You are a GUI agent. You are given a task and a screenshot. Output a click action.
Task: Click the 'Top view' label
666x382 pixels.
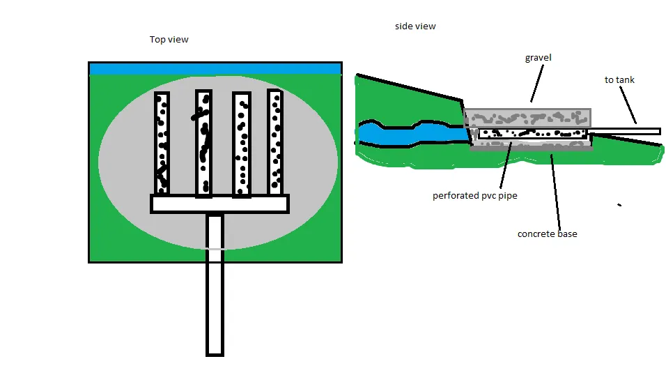click(169, 40)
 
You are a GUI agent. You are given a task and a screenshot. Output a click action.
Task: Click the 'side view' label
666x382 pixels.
click(415, 26)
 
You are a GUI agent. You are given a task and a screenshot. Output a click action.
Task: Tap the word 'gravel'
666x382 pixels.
click(538, 58)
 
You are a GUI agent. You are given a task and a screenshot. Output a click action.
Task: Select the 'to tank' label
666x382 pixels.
click(619, 80)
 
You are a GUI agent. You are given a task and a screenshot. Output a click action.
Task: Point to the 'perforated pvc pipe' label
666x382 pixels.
click(475, 196)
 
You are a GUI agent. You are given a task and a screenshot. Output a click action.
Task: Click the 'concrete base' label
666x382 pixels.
click(547, 234)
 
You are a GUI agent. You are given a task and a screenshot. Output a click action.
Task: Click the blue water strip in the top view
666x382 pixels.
click(215, 69)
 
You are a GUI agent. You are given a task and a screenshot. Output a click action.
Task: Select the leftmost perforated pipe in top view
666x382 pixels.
click(162, 143)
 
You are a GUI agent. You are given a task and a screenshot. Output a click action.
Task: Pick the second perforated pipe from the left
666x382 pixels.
click(204, 144)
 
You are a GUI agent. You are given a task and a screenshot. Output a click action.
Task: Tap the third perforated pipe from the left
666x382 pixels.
click(242, 144)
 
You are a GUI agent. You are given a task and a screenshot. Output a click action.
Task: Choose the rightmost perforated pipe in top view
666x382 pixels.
click(275, 142)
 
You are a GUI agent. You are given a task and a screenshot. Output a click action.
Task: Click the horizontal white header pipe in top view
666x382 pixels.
click(219, 204)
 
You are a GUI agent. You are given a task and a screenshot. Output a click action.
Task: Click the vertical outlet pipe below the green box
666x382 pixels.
click(215, 284)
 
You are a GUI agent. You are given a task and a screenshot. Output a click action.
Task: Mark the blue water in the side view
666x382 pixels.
click(411, 133)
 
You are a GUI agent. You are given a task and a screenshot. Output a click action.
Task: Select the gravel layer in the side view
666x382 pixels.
click(527, 118)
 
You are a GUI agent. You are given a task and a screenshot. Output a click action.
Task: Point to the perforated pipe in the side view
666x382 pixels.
click(533, 134)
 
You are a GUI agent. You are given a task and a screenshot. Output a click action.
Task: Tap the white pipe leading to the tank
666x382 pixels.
click(624, 132)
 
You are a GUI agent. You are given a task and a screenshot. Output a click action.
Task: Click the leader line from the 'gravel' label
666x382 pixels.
click(537, 83)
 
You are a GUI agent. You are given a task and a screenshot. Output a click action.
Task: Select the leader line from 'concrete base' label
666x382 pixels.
click(555, 192)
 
